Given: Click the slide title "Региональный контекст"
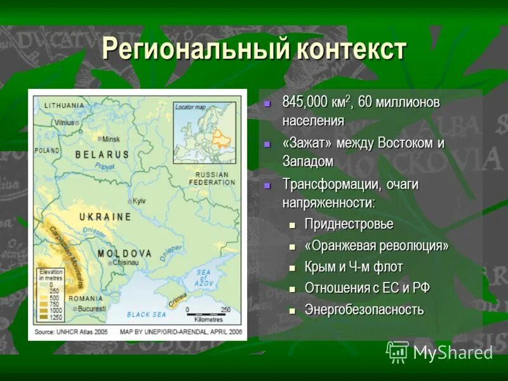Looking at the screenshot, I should coord(253,50).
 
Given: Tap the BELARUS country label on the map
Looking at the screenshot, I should coord(102,154).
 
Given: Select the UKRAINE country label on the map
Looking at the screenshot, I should coord(105,217).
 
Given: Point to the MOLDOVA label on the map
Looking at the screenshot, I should coord(125,253).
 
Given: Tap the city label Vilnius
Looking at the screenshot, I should coord(63,122).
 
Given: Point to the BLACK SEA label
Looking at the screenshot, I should coord(146,314).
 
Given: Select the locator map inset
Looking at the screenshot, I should coord(205,134).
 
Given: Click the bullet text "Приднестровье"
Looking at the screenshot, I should coord(349,224).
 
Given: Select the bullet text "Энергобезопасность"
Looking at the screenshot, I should coord(364,310).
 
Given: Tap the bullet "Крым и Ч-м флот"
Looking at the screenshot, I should coord(353,267).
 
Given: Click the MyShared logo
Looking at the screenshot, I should coord(439,352).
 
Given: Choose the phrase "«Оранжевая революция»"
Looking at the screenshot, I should coord(377,246).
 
